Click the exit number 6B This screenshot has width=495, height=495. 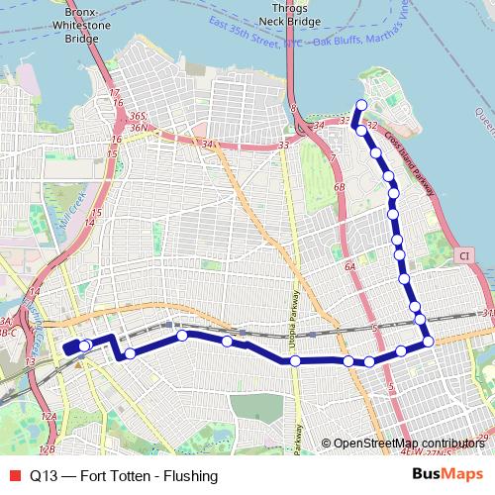(x=340, y=187)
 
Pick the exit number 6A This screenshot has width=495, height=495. (x=349, y=267)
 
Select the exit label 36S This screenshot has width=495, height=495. (x=138, y=117)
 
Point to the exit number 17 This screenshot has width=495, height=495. (x=114, y=92)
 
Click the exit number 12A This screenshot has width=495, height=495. (x=49, y=419)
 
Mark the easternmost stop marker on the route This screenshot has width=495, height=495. (x=428, y=342)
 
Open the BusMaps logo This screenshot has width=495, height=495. (x=446, y=474)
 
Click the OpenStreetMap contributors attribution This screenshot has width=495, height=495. (x=409, y=444)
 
